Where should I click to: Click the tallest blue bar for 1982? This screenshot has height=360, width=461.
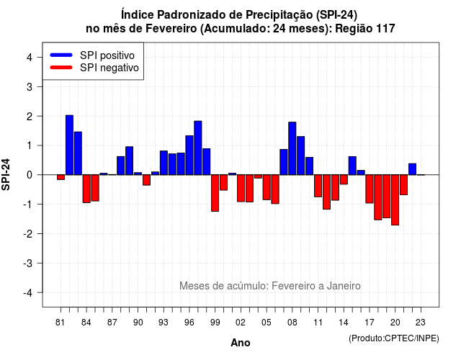click(69, 145)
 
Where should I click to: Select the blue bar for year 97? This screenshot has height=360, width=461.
click(198, 148)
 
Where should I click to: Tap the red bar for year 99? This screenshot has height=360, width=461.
click(215, 193)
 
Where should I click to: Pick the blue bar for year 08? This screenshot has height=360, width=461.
click(292, 148)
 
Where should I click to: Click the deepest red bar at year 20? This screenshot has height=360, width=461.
click(395, 200)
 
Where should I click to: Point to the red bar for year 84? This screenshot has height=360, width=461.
click(86, 189)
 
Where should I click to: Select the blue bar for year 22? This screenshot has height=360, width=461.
click(412, 169)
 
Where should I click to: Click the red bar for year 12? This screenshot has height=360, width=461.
click(326, 192)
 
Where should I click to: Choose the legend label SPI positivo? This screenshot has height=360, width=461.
click(107, 55)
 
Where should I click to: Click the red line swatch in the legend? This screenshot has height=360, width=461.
click(61, 67)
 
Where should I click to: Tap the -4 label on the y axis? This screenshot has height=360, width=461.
click(29, 293)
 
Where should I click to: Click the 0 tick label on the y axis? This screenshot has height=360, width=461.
click(30, 175)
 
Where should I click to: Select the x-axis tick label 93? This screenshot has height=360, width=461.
click(164, 323)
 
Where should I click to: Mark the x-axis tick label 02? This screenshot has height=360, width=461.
click(241, 323)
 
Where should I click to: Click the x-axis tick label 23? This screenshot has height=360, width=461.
click(421, 323)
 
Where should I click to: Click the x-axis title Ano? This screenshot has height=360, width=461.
click(241, 343)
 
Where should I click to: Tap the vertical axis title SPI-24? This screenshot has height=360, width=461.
click(6, 174)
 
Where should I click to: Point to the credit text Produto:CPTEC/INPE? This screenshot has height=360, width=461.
click(394, 338)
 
